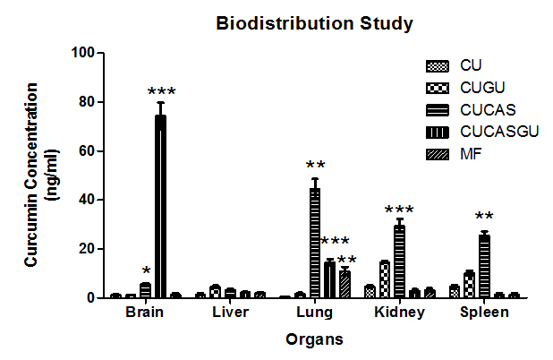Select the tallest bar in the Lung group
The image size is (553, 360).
[x=315, y=242]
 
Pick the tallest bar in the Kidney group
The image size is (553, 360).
[x=399, y=261]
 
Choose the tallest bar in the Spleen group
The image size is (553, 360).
[x=484, y=265]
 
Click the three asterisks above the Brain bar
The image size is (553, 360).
[x=161, y=92]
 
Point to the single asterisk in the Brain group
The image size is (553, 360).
[x=145, y=271]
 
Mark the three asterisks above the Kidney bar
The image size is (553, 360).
[x=399, y=210]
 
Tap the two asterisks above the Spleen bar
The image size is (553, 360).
[x=484, y=217]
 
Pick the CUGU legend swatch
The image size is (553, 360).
[x=436, y=88]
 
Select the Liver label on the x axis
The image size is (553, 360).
[x=231, y=313]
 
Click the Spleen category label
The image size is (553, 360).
[x=484, y=313]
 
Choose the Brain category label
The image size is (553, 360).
[x=145, y=313]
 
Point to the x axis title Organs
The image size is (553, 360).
[x=314, y=339]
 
